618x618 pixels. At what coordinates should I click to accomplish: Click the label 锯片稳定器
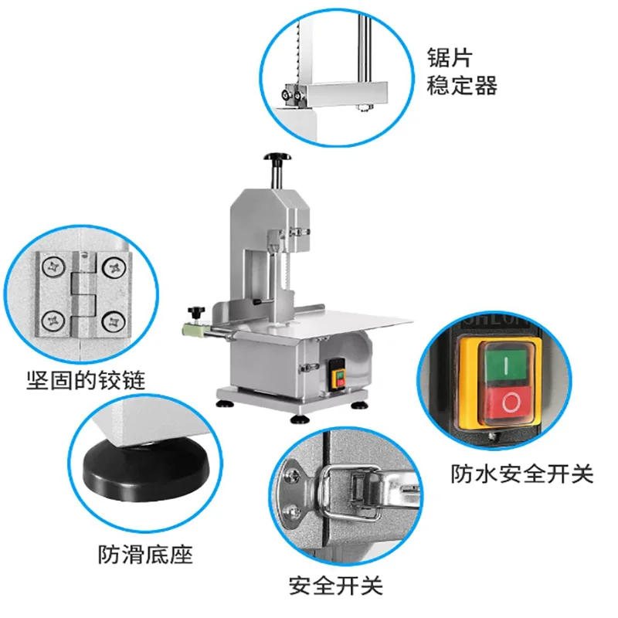point(461,71)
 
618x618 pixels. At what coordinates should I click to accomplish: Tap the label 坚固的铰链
point(86,380)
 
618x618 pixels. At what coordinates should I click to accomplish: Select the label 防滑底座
point(145,554)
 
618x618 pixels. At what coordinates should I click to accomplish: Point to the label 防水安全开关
point(522,474)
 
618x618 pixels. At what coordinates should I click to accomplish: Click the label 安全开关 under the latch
point(336,586)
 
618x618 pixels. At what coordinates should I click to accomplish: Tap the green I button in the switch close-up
point(506,365)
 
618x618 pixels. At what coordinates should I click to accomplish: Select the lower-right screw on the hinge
point(114,322)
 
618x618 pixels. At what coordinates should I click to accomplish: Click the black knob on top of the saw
point(277,157)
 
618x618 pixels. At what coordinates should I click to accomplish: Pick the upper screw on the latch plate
point(294,475)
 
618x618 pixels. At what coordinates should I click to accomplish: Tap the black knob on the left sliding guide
point(196,313)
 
